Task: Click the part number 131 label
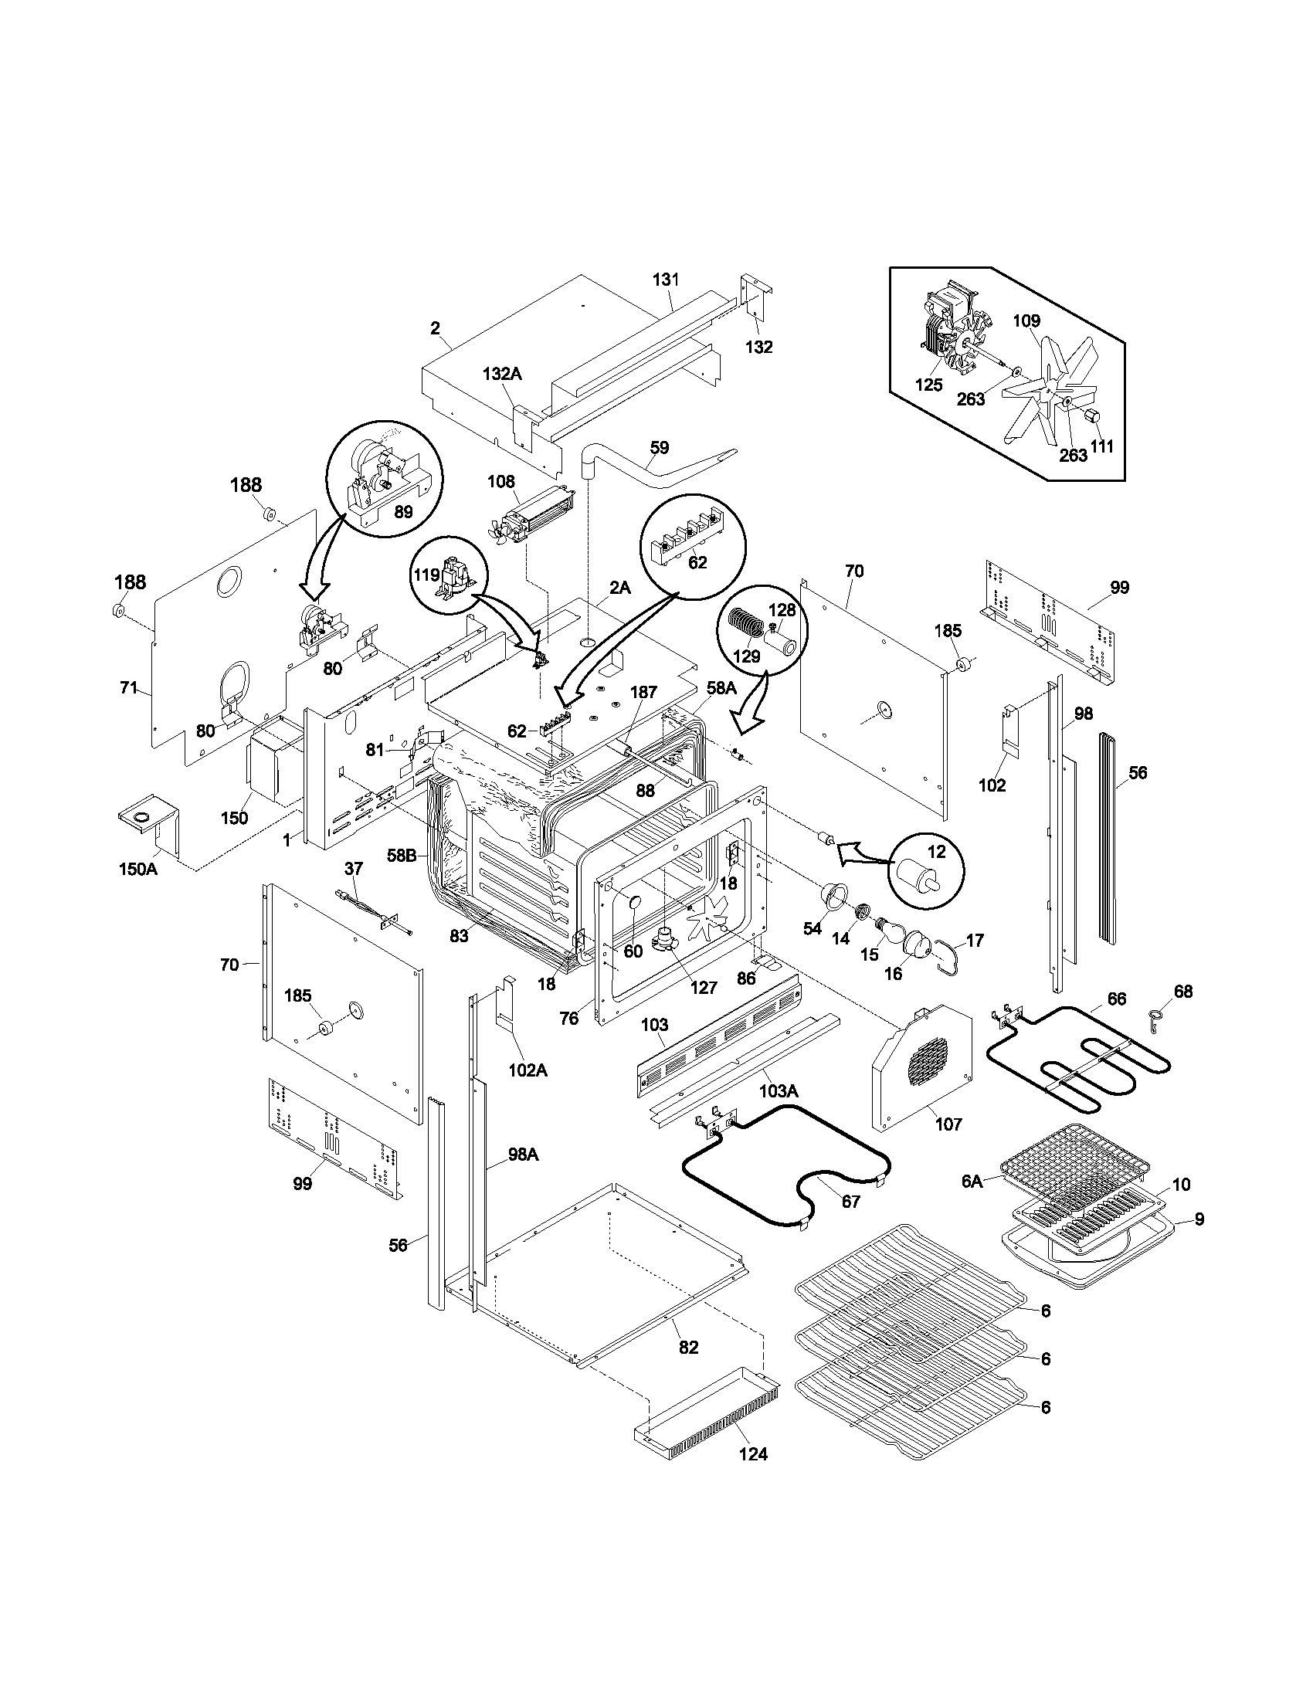pyautogui.click(x=666, y=280)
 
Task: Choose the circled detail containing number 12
pyautogui.click(x=925, y=871)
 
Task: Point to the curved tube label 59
pyautogui.click(x=659, y=447)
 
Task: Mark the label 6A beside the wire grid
pyautogui.click(x=972, y=1203)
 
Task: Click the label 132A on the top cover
pyautogui.click(x=502, y=374)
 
